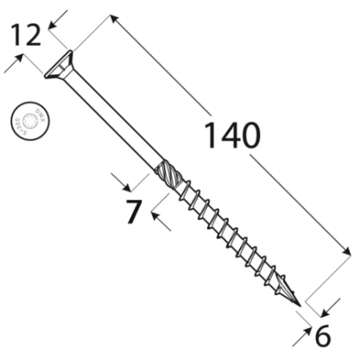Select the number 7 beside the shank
(134, 211)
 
